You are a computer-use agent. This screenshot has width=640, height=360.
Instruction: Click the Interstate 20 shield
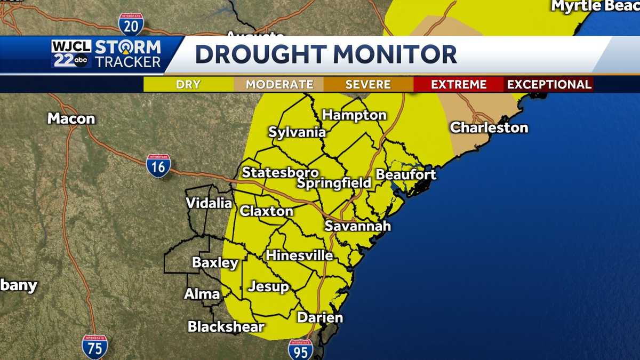(x=131, y=24)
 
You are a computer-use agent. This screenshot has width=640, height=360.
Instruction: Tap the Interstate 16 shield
(x=158, y=166)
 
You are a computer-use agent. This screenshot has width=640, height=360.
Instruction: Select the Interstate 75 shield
(x=94, y=347)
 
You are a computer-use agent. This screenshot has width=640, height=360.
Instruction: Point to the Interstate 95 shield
(x=300, y=350)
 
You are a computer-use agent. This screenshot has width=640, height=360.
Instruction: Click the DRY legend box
(x=188, y=84)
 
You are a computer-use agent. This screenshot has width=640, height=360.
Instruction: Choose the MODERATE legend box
(x=279, y=84)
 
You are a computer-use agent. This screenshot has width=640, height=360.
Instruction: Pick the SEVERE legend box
(x=368, y=84)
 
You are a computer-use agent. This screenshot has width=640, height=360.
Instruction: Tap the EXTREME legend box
(x=459, y=84)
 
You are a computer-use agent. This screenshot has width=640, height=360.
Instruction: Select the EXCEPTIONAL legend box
(x=549, y=84)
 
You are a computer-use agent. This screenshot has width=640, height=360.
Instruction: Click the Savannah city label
(x=358, y=226)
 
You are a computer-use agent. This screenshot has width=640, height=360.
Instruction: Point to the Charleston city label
(x=489, y=128)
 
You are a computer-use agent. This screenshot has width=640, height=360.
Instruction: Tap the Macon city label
(x=71, y=118)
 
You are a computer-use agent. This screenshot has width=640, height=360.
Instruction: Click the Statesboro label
(x=281, y=173)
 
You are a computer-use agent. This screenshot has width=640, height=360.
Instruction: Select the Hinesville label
(x=299, y=255)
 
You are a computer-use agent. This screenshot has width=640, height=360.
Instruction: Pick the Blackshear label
(x=226, y=327)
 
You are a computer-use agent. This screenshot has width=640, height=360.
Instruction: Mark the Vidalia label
(x=209, y=203)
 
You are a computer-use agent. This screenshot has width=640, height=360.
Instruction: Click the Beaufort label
(x=406, y=174)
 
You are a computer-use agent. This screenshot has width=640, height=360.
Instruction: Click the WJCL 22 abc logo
(x=71, y=54)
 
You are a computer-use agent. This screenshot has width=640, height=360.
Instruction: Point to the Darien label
(x=320, y=318)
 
